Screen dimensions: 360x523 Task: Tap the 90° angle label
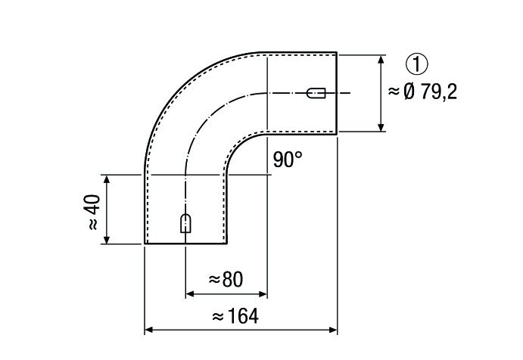point(288,160)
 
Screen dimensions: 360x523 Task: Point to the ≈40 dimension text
point(93,213)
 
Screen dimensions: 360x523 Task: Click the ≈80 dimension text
point(225,280)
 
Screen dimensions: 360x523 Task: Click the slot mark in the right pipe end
point(316,94)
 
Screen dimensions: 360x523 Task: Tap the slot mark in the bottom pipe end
point(185,223)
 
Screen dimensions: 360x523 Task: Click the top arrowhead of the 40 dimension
point(107,179)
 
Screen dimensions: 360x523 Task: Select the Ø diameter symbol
point(409,92)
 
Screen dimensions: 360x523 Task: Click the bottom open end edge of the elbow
point(186,244)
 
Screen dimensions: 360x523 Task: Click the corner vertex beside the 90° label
point(267,175)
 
